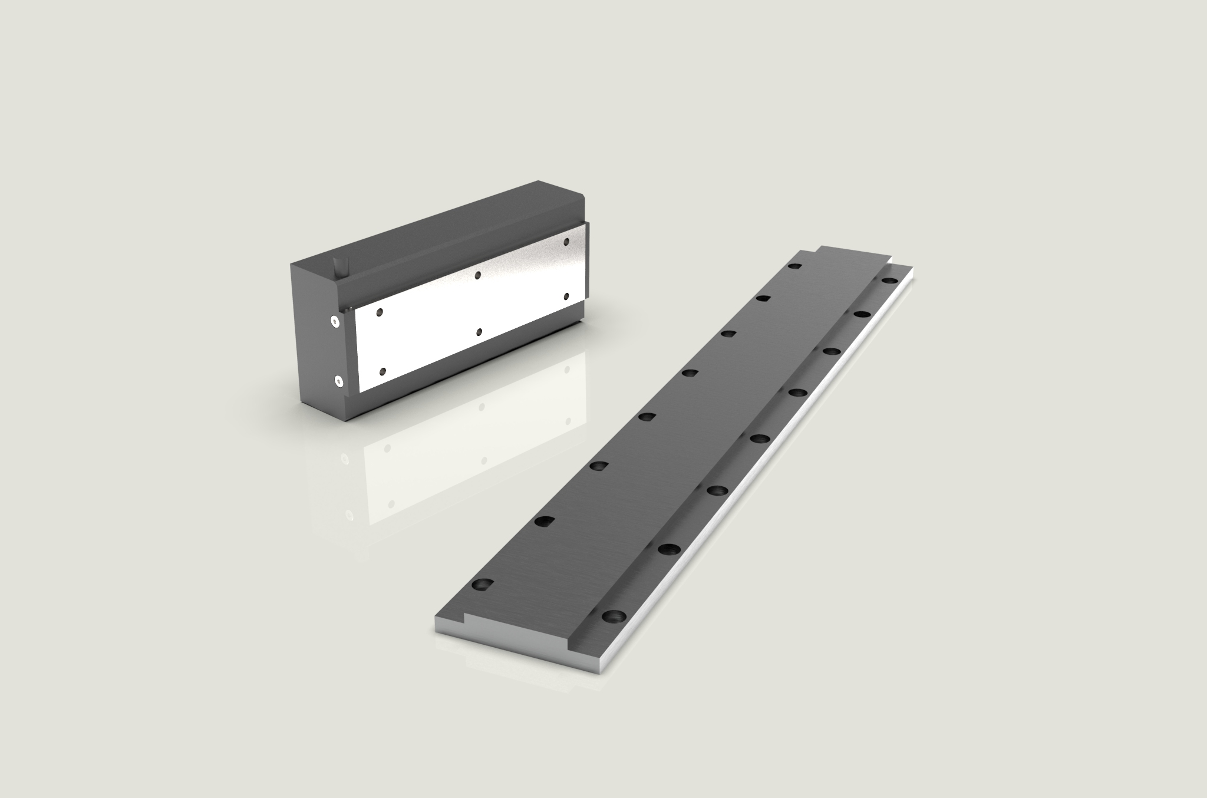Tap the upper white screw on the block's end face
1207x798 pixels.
(x=335, y=321)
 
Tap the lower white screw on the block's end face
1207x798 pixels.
(x=339, y=381)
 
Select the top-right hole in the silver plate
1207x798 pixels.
(x=566, y=242)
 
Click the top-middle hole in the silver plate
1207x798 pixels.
(x=477, y=275)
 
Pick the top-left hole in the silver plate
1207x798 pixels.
(x=380, y=311)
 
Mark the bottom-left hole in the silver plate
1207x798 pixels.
(x=383, y=371)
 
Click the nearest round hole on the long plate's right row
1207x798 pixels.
(x=614, y=617)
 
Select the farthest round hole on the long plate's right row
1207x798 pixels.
(x=888, y=282)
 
